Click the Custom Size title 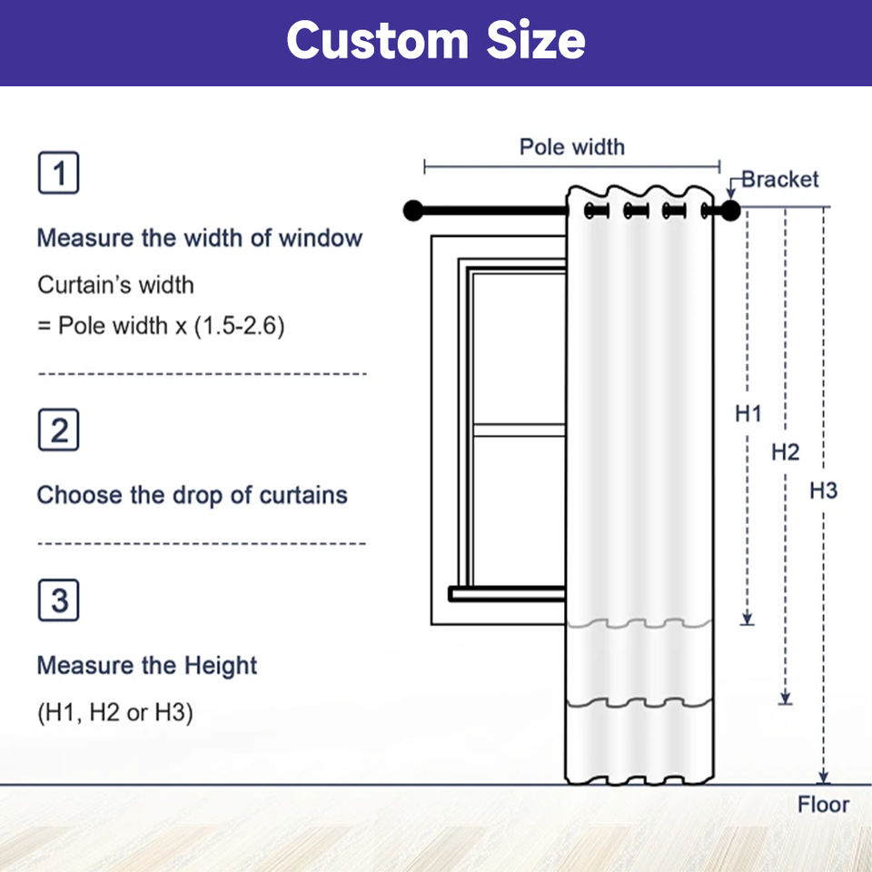click(436, 41)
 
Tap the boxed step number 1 click(58, 173)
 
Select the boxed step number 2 click(58, 431)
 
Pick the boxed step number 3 click(58, 601)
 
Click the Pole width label click(572, 146)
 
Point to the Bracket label click(780, 179)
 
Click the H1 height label click(748, 414)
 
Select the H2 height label click(785, 451)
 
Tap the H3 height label click(823, 491)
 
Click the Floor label click(823, 804)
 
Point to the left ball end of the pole click(413, 211)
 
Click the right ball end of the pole click(731, 211)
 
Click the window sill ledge click(507, 594)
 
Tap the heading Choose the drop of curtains click(192, 495)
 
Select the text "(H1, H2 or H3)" click(115, 713)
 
